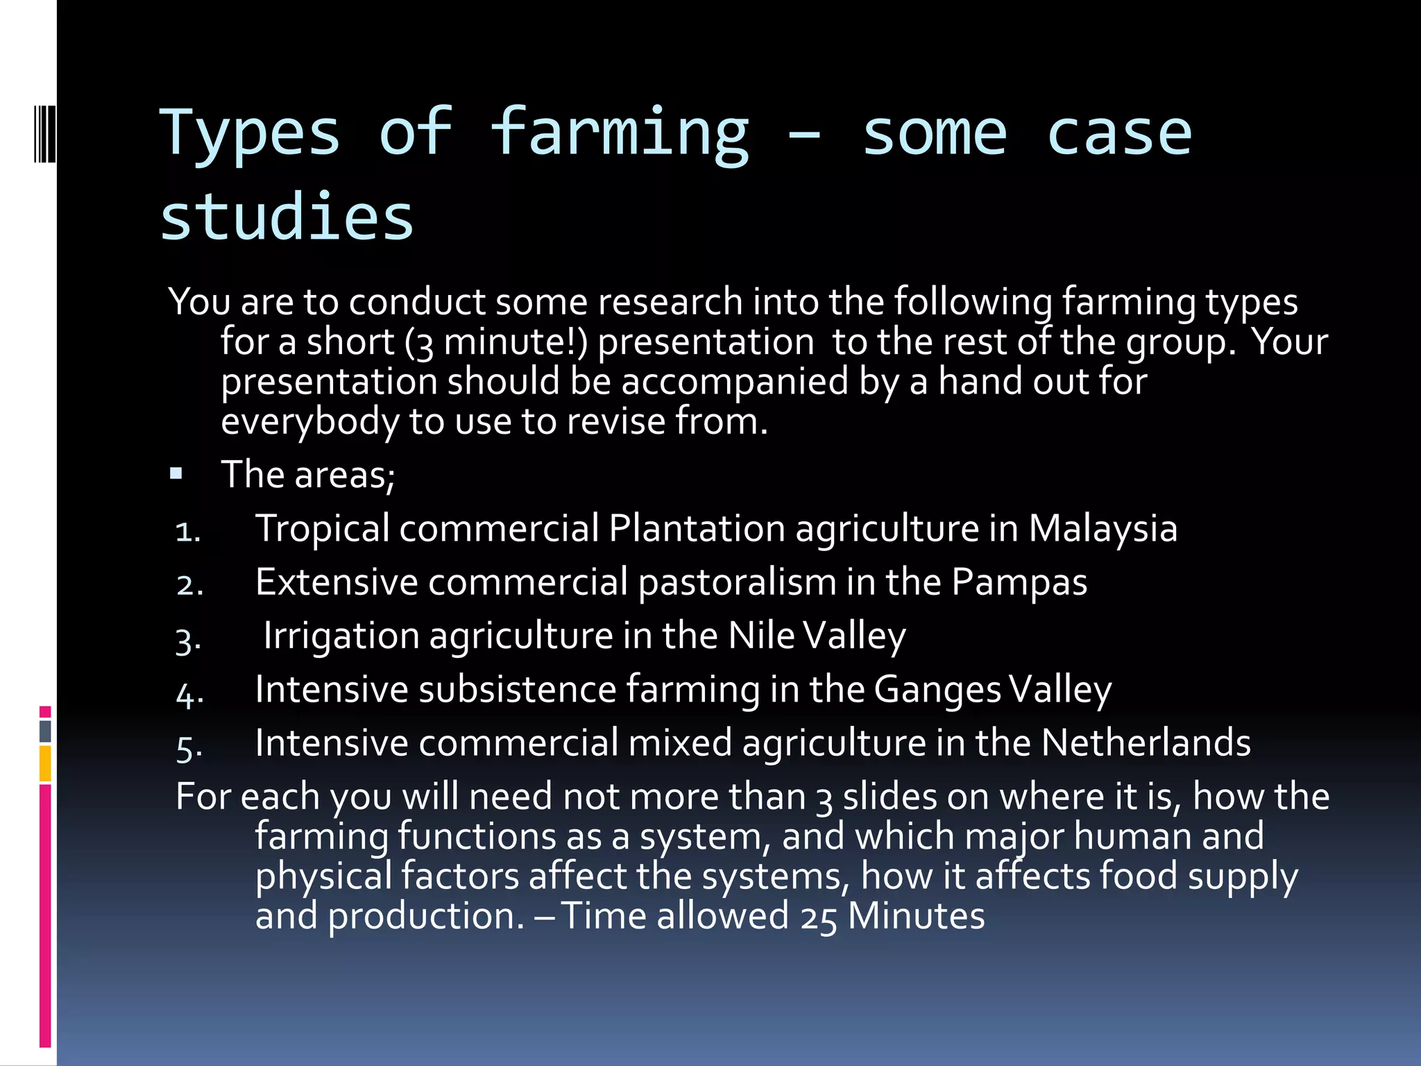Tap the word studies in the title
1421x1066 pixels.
287,217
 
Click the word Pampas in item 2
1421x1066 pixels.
1019,582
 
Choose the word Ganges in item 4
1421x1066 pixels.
937,689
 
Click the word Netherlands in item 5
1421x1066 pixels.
1146,743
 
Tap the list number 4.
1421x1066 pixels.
189,693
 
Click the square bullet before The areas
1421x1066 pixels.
176,475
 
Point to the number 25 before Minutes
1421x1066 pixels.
818,917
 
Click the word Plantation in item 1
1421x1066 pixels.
697,528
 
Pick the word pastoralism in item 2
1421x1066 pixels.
737,582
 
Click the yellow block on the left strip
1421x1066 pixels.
45,763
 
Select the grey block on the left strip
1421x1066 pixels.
45,731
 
